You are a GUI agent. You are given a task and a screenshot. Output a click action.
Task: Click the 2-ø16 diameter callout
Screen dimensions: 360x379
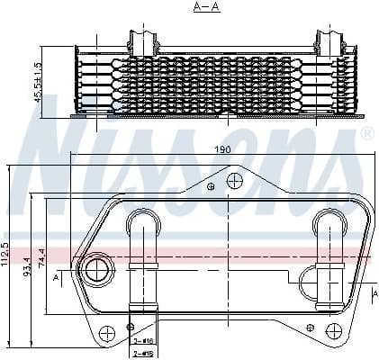[x=142, y=342]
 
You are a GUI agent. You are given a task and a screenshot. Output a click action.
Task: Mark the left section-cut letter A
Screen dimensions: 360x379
[x=57, y=279]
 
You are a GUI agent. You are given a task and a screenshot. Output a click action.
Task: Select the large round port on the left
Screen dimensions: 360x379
[x=94, y=267]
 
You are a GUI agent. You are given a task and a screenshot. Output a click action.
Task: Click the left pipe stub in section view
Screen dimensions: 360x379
[x=144, y=40]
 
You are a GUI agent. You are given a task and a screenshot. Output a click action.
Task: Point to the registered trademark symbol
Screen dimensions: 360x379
[x=367, y=135]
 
